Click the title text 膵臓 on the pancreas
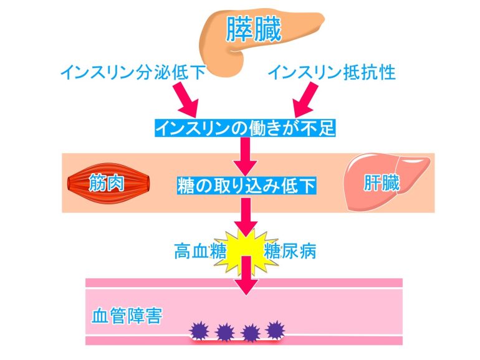click(254, 29)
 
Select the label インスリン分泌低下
click(133, 72)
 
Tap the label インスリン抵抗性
click(332, 72)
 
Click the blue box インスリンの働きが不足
click(245, 128)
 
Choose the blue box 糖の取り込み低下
click(246, 186)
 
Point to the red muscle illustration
click(108, 183)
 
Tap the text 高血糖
click(200, 251)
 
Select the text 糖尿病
click(290, 251)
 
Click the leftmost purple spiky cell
click(199, 331)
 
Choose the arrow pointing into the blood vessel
click(246, 275)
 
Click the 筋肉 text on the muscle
click(106, 183)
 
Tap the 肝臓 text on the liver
click(382, 183)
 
